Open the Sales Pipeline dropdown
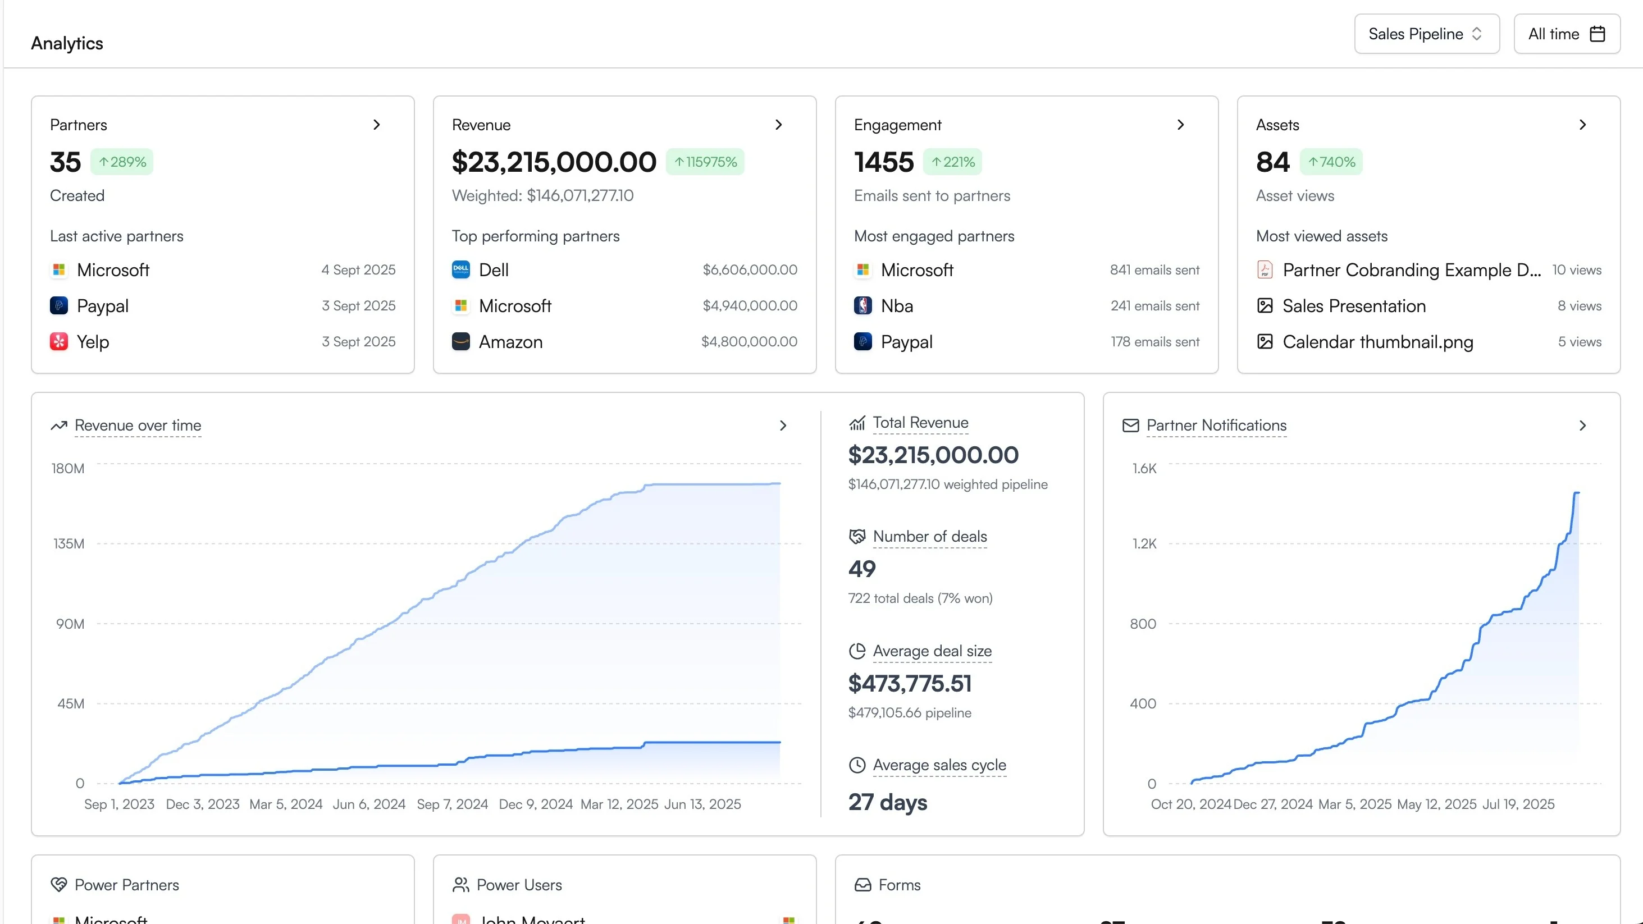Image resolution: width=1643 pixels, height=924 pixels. [1426, 34]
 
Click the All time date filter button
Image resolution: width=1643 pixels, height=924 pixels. [1566, 34]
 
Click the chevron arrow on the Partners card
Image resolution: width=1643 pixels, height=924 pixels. [376, 125]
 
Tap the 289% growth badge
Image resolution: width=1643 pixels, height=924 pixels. [122, 162]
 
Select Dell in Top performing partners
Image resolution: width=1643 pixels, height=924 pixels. [494, 270]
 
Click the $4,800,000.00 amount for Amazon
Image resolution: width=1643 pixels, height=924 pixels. [749, 342]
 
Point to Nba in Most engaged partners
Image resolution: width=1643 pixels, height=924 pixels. [896, 306]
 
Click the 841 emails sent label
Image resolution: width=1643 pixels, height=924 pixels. [1154, 270]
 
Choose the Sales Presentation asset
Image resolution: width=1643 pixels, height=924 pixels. [1353, 306]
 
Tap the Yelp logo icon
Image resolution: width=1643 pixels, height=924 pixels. [58, 342]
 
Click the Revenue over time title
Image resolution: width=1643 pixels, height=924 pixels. [138, 426]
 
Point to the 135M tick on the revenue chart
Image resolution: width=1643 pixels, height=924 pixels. [69, 544]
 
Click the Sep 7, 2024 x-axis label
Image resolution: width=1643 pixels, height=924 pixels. [452, 804]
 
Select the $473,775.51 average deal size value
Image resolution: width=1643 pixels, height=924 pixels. [910, 684]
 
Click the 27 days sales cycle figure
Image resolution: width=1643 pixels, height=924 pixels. [887, 802]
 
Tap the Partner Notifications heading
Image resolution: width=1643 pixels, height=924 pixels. [1216, 426]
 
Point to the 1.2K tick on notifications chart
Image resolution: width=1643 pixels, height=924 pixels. [1144, 544]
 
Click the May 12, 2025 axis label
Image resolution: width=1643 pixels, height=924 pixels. [1436, 804]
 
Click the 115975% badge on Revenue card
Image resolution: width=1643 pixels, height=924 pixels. [705, 162]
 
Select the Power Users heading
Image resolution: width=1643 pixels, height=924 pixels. [518, 885]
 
